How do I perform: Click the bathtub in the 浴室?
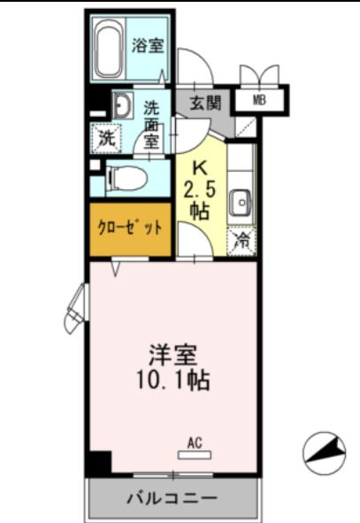pos(109,50)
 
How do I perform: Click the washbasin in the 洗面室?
pos(122,106)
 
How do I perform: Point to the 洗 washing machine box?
pos(105,137)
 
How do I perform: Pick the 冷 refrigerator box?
pos(241,240)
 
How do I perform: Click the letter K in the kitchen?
pos(200,167)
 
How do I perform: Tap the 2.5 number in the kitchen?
pos(200,188)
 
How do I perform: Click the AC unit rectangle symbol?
pos(195,455)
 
